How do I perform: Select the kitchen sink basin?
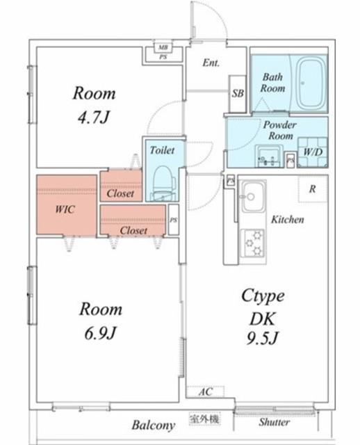tap(254, 196)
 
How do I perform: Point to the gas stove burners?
tap(253, 243)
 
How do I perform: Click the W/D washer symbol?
tap(313, 152)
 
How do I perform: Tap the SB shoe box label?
tap(238, 93)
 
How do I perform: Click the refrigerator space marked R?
tap(313, 188)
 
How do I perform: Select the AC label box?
tap(205, 392)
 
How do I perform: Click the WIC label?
tap(65, 209)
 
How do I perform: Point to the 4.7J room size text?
tap(94, 117)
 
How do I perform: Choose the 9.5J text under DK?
tap(262, 338)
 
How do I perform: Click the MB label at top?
tap(163, 47)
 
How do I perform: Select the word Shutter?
tap(274, 422)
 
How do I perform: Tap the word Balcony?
tap(153, 425)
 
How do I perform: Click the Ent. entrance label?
tap(211, 63)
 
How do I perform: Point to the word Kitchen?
tap(288, 219)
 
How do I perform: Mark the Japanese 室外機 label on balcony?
tap(204, 419)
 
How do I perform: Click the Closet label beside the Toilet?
tap(120, 193)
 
